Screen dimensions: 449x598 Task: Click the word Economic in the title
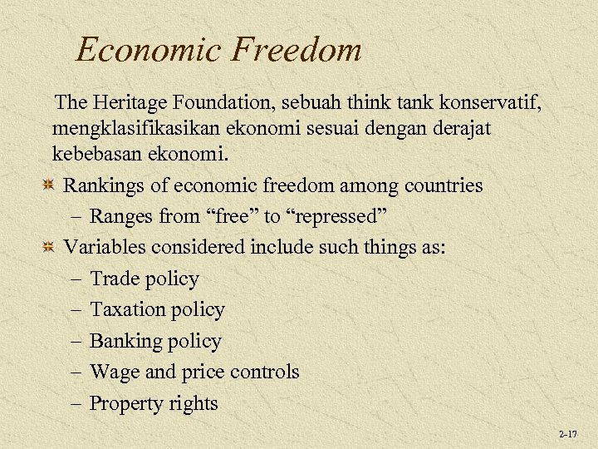pyautogui.click(x=149, y=50)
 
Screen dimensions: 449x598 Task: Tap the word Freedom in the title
pyautogui.click(x=297, y=50)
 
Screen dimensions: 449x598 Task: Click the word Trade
pyautogui.click(x=113, y=279)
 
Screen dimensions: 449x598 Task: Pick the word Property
pyautogui.click(x=125, y=403)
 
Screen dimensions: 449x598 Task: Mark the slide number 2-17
pyautogui.click(x=568, y=434)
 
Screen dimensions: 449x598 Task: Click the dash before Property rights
pyautogui.click(x=76, y=403)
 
